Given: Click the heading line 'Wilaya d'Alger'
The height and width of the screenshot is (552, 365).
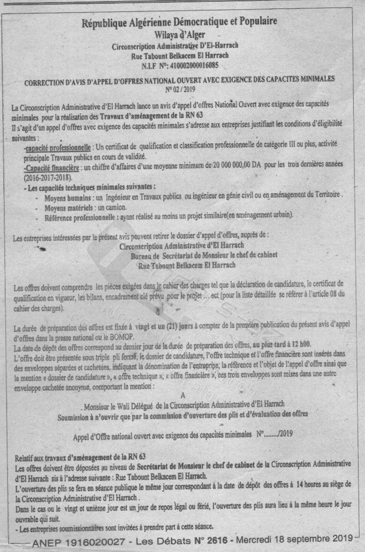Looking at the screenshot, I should (179, 35).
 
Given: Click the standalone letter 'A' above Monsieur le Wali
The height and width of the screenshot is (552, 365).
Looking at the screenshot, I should (183, 395).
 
